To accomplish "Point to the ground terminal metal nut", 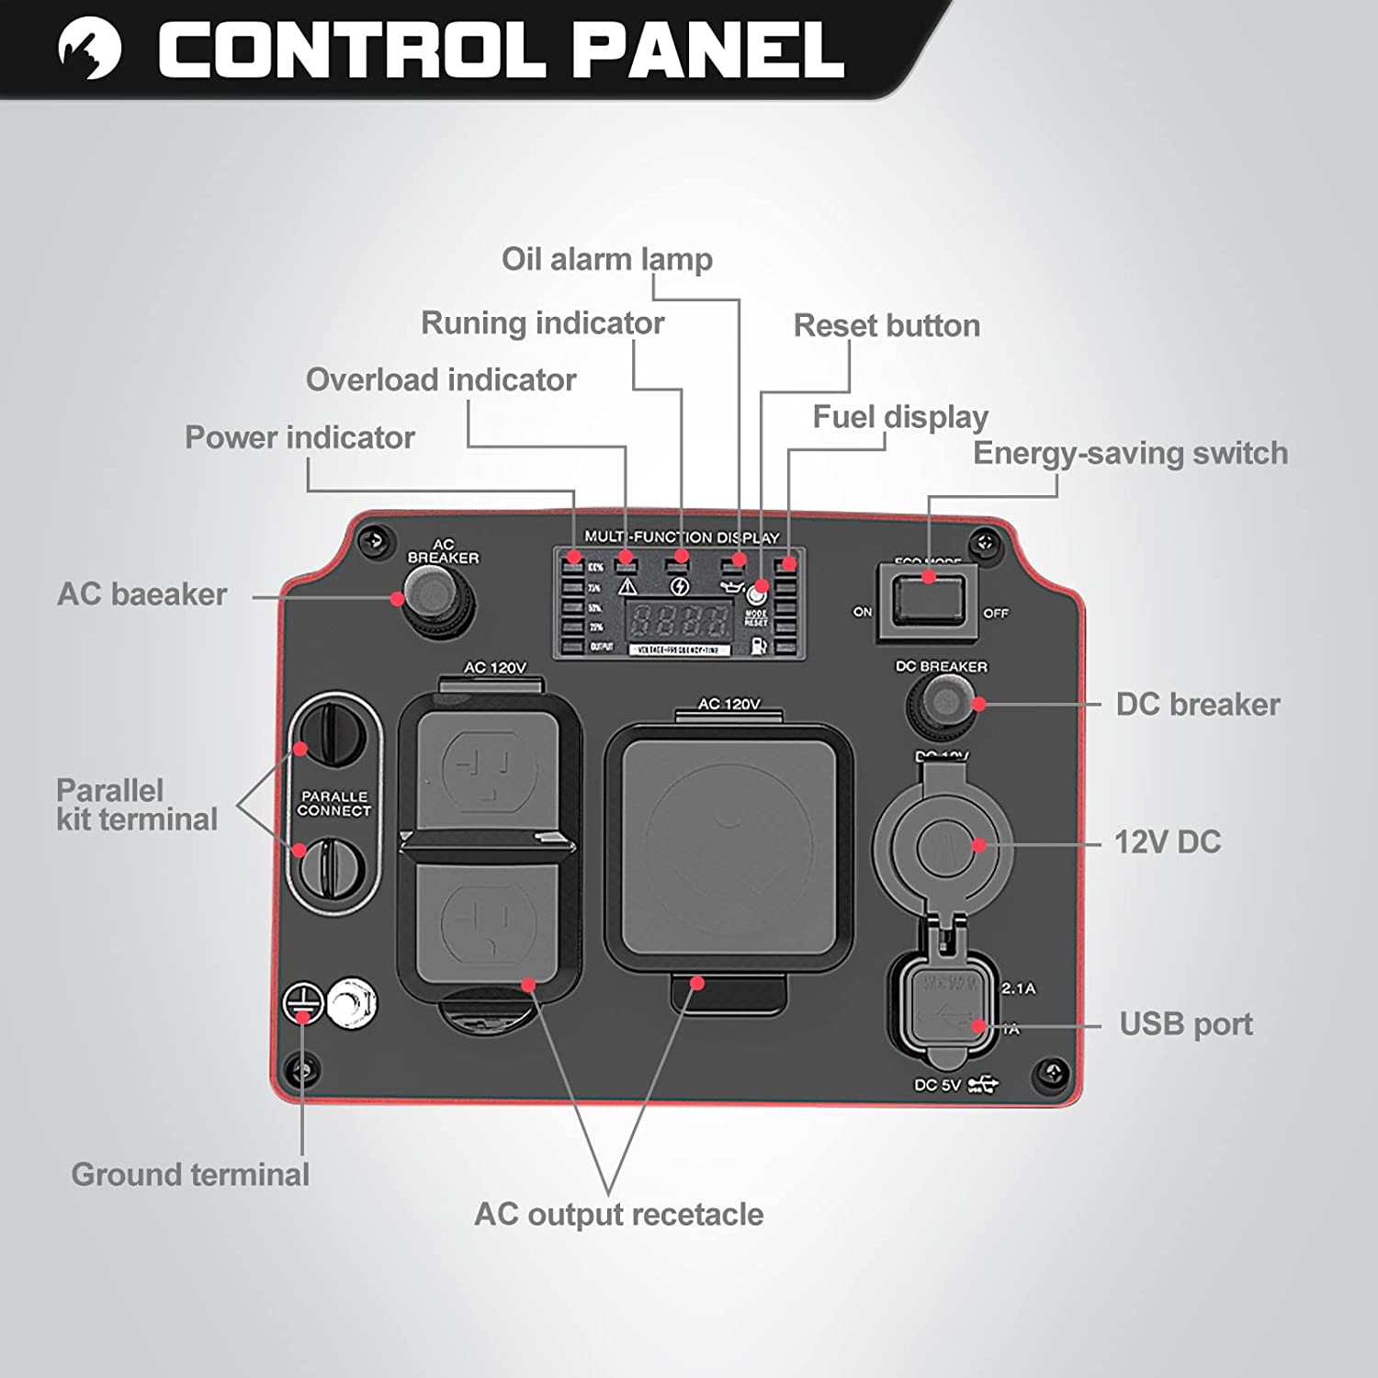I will coord(352,1003).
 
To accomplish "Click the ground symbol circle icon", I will coord(302,1001).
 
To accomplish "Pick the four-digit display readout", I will coord(679,621).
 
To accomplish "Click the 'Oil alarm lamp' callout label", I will coord(606,259).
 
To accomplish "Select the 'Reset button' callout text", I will coord(887,325).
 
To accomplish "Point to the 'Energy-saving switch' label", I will coord(1130,453).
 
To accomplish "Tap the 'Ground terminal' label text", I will coord(190,1174).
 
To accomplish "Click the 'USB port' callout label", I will coord(1185,1023).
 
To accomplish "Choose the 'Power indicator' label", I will coord(299,437).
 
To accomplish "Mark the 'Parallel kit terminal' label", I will coord(137,805).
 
